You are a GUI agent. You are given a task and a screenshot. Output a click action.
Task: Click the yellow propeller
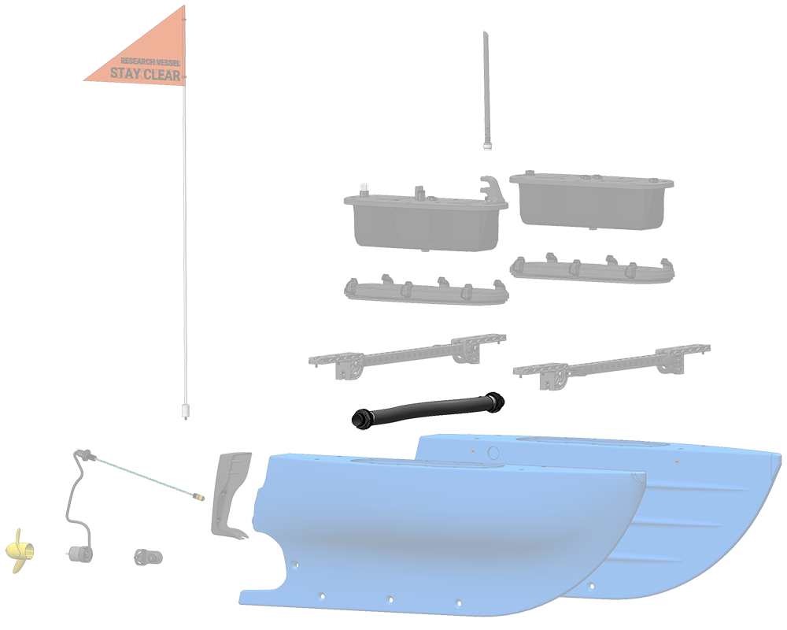point(21,550)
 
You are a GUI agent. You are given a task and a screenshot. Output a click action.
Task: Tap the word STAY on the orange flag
point(125,73)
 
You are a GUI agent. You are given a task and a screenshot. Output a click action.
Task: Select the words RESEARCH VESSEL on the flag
point(150,61)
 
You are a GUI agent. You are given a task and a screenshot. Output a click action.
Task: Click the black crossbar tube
point(428,410)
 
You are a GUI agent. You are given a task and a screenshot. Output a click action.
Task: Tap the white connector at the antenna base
point(487,146)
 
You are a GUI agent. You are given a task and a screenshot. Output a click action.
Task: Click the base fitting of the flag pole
point(185,410)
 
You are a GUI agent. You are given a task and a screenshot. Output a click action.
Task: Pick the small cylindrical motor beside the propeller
point(79,554)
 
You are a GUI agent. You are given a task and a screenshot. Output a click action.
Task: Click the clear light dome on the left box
point(364,189)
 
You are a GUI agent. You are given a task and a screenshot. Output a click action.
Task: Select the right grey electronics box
point(592,200)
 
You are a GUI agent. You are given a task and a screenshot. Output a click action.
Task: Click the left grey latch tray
point(426,291)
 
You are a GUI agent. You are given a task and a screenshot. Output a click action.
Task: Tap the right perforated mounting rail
point(611,367)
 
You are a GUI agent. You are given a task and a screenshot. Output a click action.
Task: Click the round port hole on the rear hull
point(493,453)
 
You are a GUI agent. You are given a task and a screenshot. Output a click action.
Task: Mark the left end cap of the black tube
point(360,420)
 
